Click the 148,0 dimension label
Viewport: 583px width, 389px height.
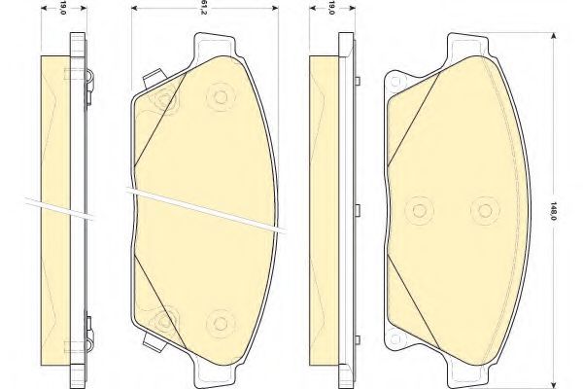(x=553, y=211)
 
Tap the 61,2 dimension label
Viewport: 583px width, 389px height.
(x=204, y=8)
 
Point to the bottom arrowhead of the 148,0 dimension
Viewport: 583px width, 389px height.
(x=554, y=384)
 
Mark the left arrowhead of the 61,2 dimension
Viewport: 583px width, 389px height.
(x=135, y=8)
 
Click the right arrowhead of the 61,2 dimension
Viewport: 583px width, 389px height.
(x=274, y=8)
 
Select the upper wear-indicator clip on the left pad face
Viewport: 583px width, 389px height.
(x=154, y=78)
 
